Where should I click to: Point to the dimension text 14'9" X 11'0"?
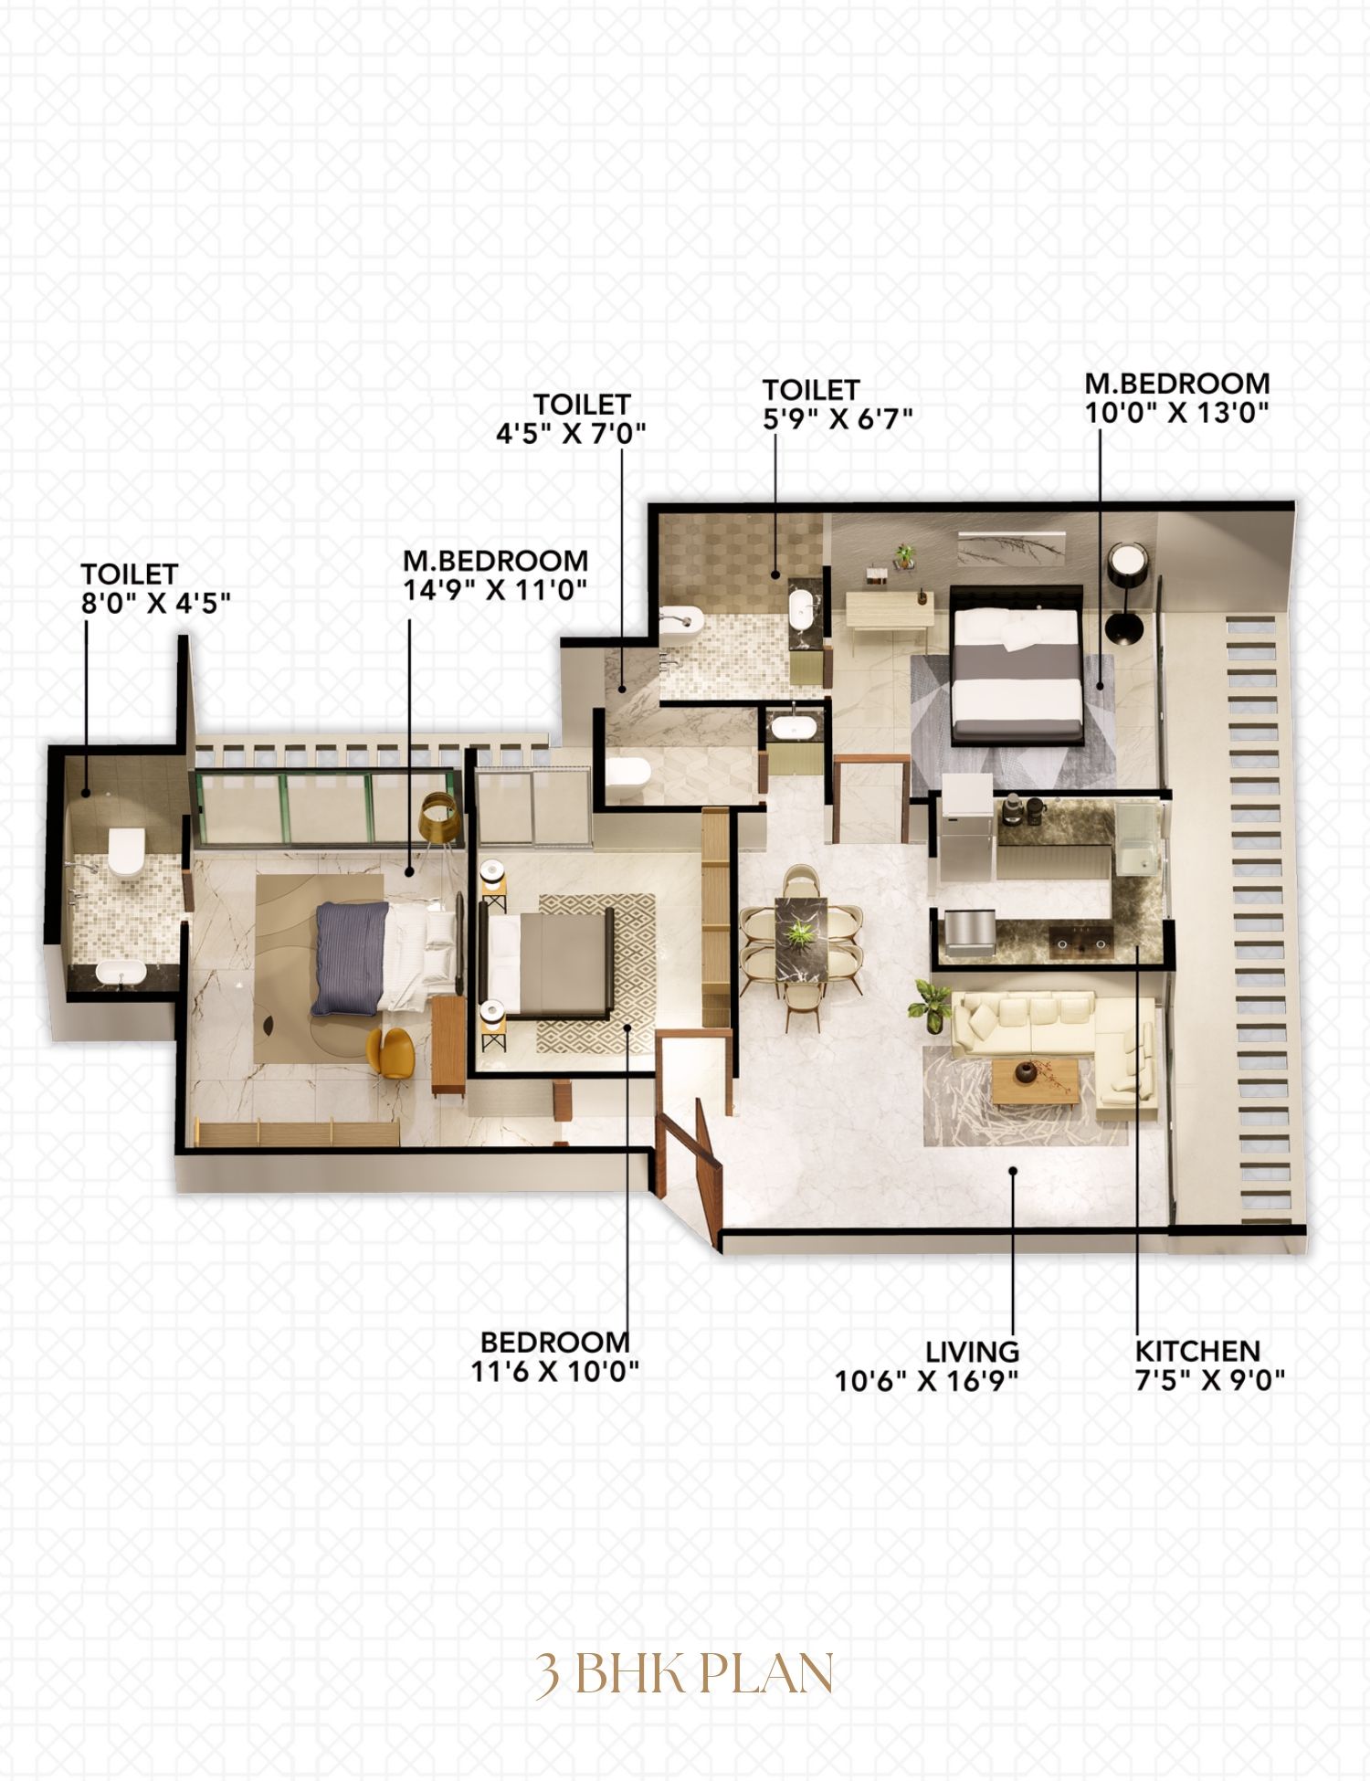coord(494,589)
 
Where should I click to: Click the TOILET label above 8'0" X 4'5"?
coord(129,574)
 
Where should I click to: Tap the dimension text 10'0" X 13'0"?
coord(1176,413)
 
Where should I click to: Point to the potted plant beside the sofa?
coord(931,1005)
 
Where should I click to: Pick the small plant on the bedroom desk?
coord(905,556)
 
